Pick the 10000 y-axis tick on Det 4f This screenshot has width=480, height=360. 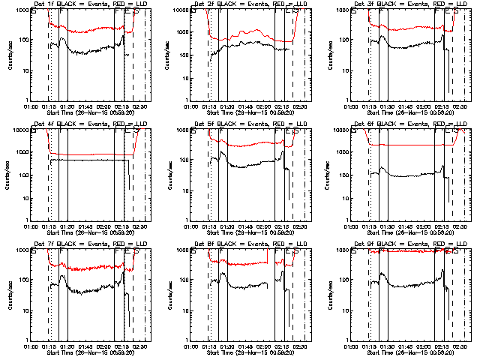(19, 130)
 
